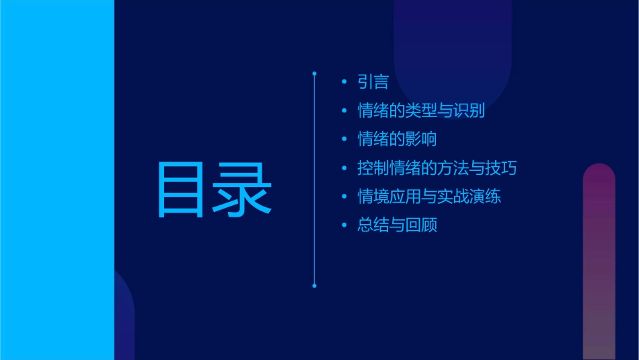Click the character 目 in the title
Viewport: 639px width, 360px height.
point(182,189)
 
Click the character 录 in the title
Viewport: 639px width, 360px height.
point(242,189)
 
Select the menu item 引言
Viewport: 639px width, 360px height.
point(373,83)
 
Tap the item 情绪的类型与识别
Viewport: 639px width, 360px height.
point(421,111)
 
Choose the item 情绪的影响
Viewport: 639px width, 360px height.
point(397,139)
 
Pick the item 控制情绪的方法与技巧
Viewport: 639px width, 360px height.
point(437,168)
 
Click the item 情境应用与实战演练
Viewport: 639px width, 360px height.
point(429,196)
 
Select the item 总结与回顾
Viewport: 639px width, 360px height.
point(397,225)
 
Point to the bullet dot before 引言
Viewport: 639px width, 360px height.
point(344,83)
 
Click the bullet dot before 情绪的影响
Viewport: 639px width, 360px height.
point(344,140)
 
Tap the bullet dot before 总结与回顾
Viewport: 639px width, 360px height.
point(344,225)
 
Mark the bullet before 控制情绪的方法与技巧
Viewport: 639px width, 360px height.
point(344,168)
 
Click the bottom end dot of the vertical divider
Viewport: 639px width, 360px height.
point(314,286)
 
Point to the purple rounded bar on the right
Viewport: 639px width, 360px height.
point(599,262)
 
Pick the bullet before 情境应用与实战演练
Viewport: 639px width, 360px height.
point(344,197)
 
